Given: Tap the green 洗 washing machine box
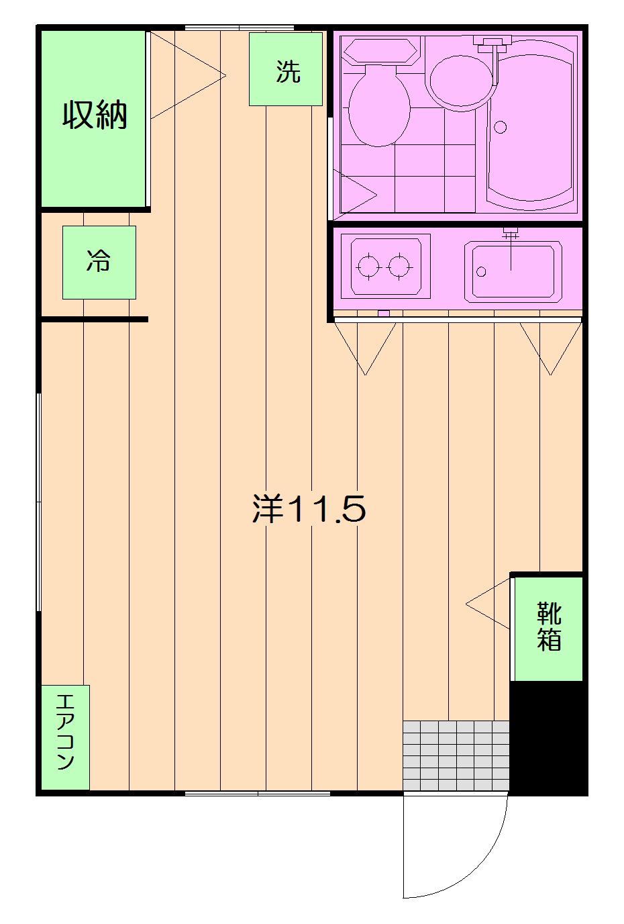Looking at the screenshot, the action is [286, 69].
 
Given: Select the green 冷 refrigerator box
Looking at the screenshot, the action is [99, 263].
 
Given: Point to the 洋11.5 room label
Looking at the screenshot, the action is [309, 508].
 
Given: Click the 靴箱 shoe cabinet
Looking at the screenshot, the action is [547, 629].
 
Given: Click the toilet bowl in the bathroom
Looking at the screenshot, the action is [379, 106].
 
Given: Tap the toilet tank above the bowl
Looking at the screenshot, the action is [380, 51].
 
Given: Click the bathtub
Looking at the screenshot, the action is [529, 125].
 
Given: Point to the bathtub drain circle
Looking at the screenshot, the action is [500, 127].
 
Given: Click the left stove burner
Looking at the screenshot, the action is [368, 267].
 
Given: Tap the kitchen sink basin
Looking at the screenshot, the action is [513, 271].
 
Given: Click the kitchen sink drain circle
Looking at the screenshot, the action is [481, 272].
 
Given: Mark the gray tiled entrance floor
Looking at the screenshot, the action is [456, 755].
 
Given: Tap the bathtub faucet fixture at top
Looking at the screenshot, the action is [492, 44].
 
